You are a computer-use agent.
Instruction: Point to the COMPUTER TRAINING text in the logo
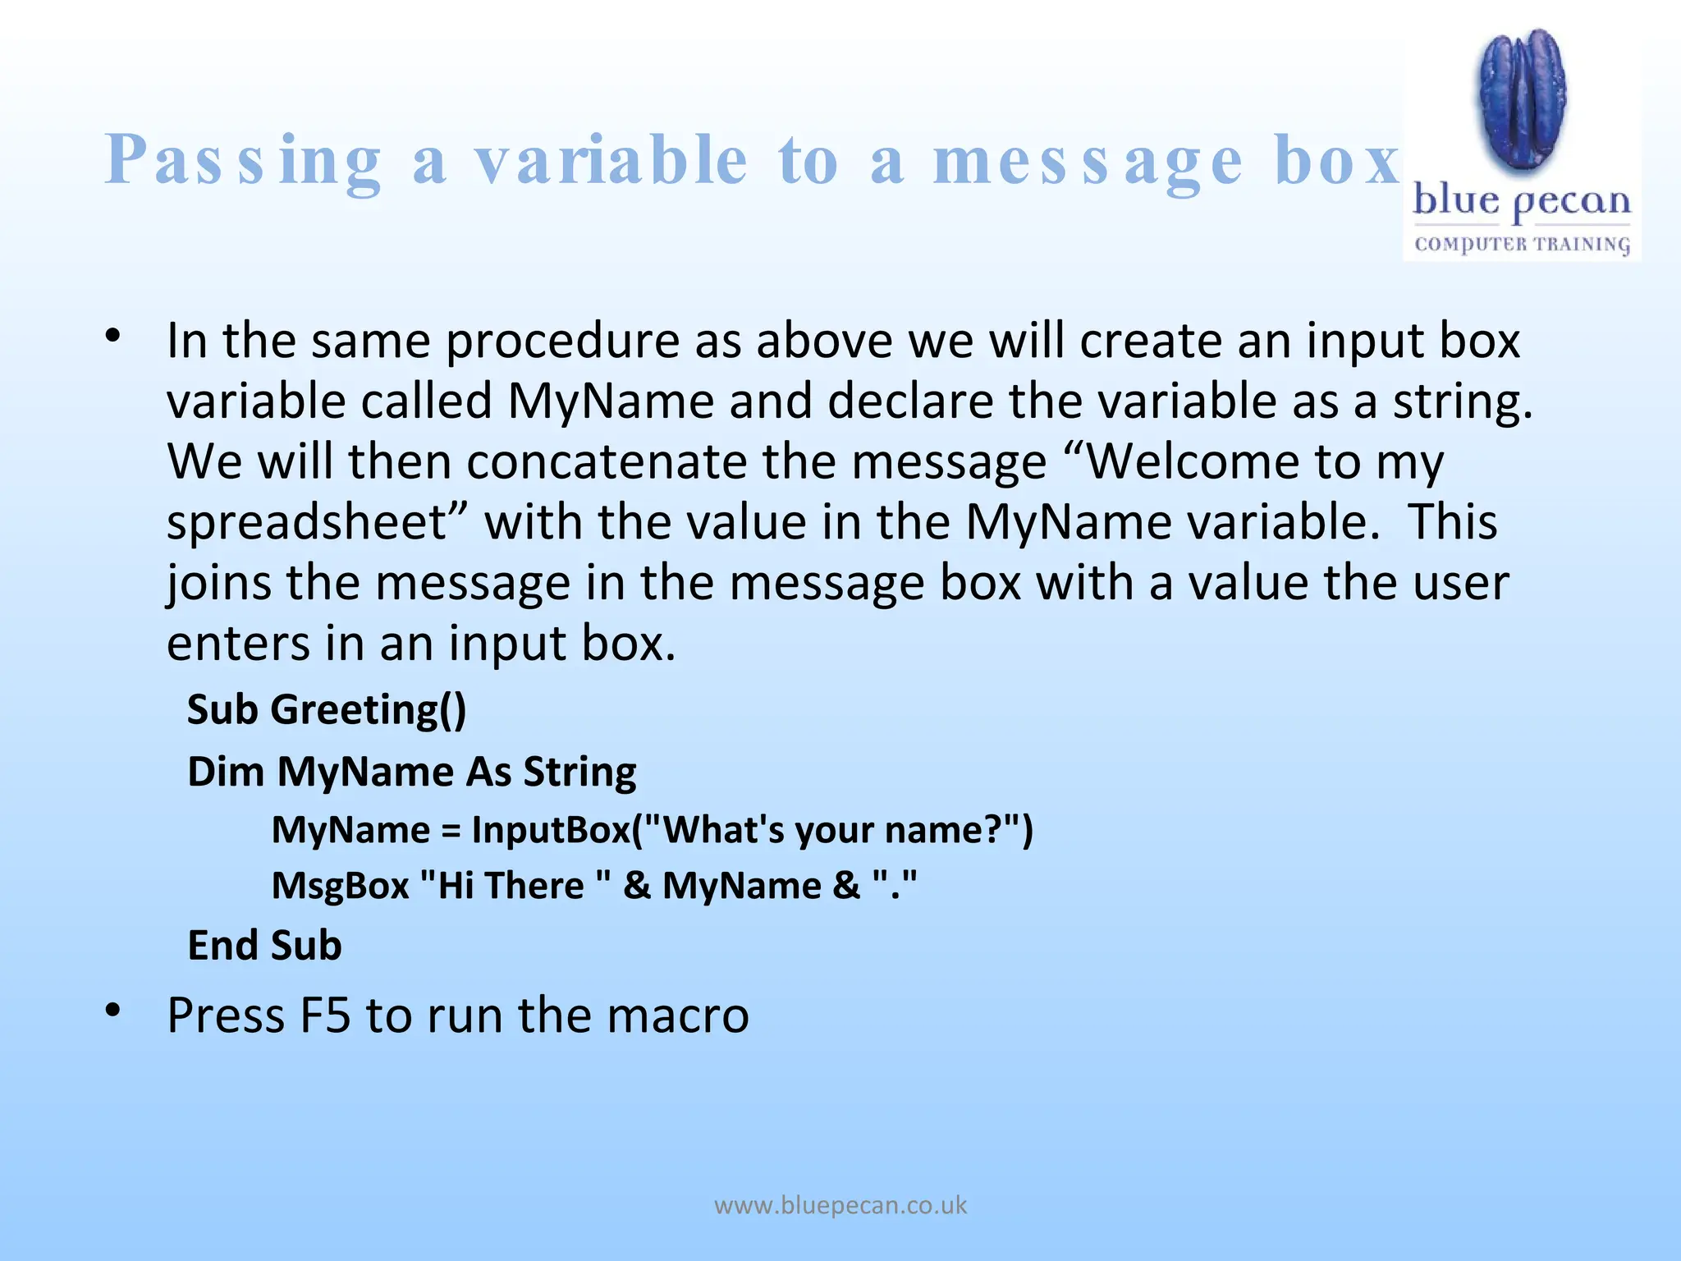(x=1523, y=244)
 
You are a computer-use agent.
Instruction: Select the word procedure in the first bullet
(x=562, y=342)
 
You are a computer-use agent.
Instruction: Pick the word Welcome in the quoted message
(x=1195, y=462)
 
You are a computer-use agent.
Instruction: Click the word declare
(x=910, y=402)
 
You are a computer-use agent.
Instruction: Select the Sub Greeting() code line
(x=327, y=710)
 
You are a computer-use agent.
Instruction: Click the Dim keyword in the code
(x=225, y=773)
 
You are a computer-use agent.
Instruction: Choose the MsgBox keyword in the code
(x=340, y=886)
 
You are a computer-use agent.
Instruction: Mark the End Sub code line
(x=264, y=945)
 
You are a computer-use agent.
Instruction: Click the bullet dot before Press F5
(x=113, y=1011)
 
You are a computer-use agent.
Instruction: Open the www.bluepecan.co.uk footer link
(x=840, y=1205)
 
